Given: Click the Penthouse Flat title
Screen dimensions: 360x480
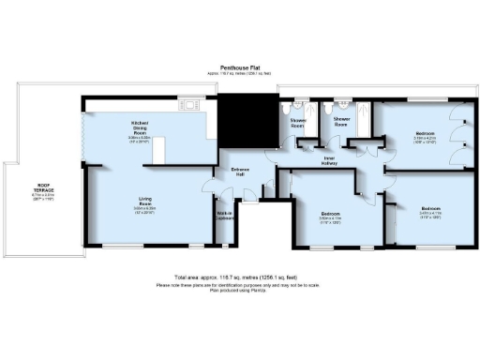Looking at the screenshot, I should [x=240, y=67].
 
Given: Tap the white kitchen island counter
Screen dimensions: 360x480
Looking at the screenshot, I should [x=159, y=149].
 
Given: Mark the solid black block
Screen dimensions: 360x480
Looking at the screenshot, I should [x=246, y=119].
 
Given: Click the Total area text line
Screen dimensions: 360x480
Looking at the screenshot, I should [x=240, y=279].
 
